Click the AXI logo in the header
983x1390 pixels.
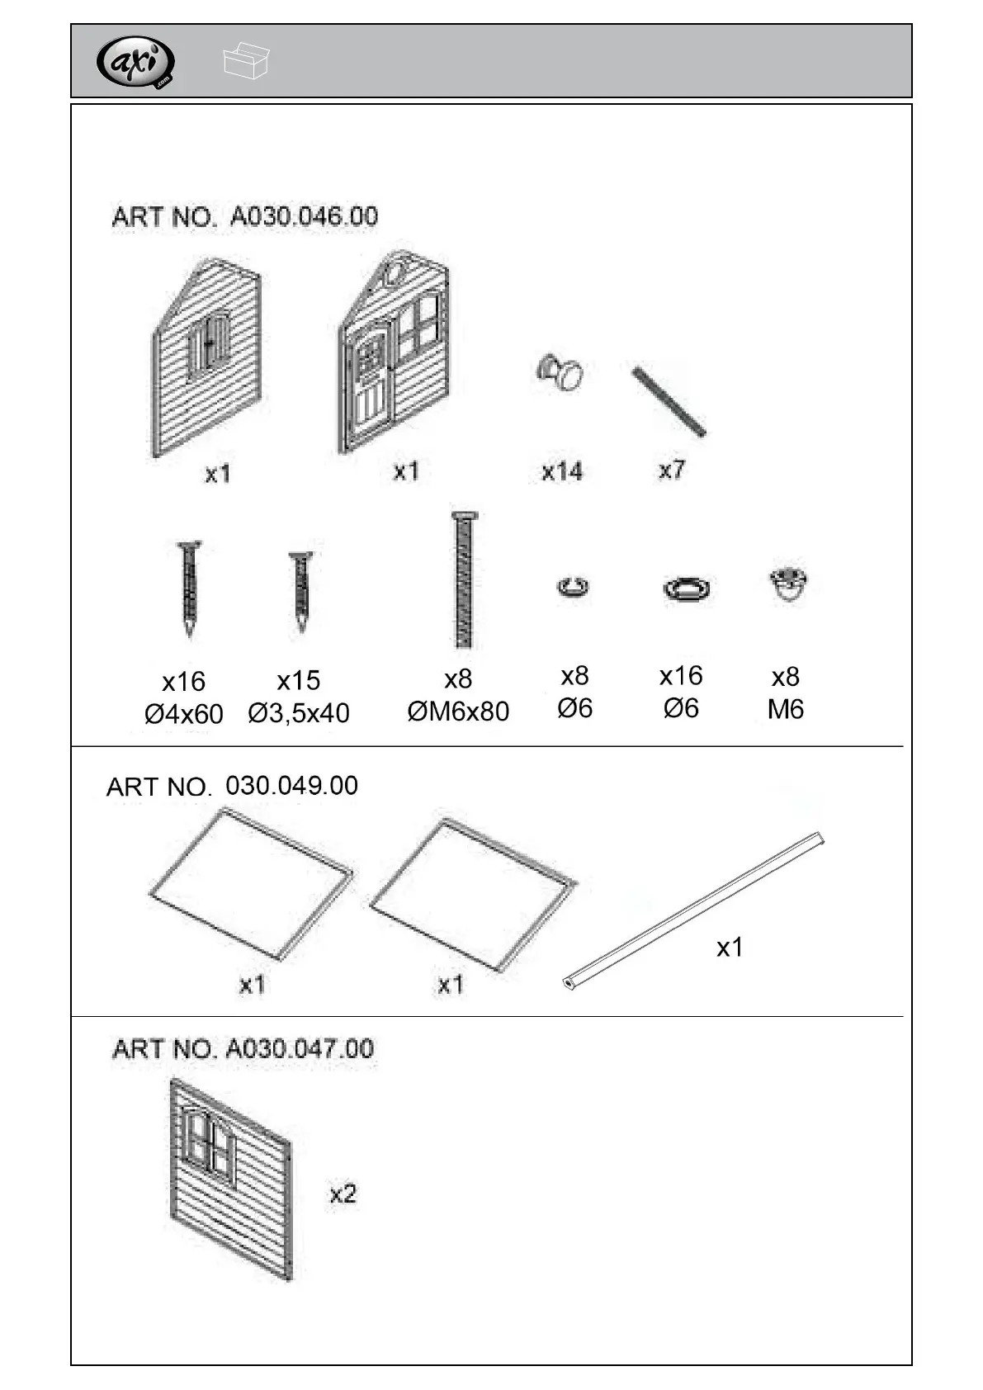pos(136,62)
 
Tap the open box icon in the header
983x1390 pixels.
pos(245,61)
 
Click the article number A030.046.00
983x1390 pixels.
pos(245,216)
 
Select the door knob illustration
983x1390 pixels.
pos(561,372)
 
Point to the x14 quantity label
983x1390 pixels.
pos(562,471)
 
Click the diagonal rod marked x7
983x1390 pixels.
pos(669,402)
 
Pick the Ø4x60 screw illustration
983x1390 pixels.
pos(190,588)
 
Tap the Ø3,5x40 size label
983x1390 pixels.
pos(299,712)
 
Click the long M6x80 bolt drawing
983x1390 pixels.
pos(464,579)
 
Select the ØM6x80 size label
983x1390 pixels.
pos(458,711)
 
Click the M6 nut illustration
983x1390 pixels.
pos(787,584)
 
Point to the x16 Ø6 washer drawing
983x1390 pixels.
pos(686,589)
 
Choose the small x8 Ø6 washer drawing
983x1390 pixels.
pos(573,588)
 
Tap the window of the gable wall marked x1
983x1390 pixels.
pos(210,345)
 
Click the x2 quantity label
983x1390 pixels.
pos(343,1194)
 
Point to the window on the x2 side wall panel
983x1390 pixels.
pos(209,1143)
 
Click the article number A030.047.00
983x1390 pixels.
pos(243,1049)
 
